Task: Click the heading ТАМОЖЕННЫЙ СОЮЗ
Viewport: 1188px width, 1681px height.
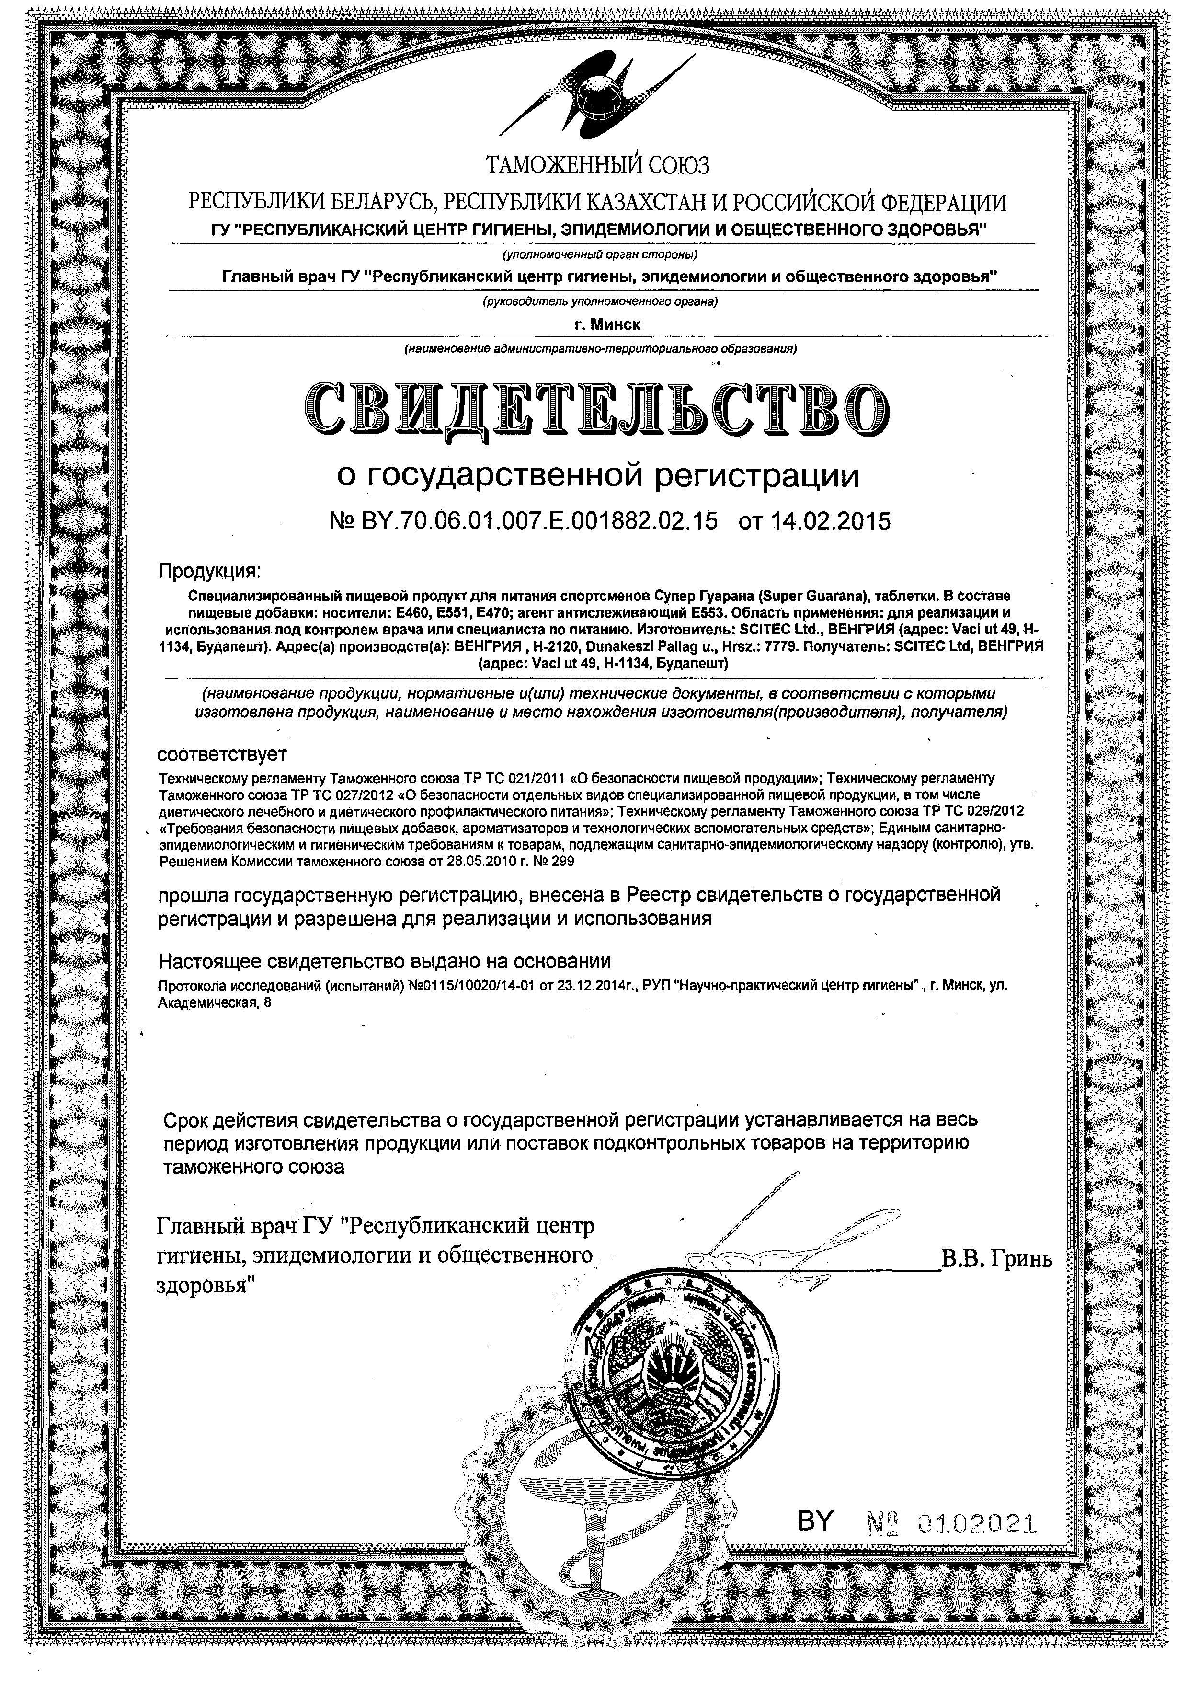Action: pos(597,166)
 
